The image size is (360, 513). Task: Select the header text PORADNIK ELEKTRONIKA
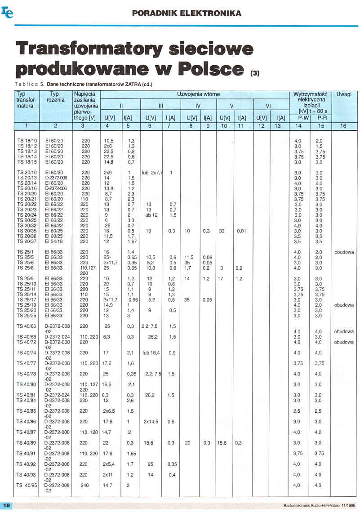[187, 13]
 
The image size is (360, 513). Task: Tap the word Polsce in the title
[212, 68]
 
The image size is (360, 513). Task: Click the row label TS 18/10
[27, 141]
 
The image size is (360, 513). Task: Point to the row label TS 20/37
[27, 241]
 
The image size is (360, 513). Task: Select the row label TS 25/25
[27, 316]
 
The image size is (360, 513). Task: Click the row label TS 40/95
[28, 485]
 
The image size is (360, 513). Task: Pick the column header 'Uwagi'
[344, 94]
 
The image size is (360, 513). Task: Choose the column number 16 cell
[343, 126]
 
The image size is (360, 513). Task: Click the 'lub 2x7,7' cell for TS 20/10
[152, 173]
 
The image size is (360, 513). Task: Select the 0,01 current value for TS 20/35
[241, 231]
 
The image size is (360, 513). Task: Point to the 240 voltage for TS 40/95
[85, 485]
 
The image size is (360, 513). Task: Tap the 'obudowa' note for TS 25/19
[344, 305]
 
